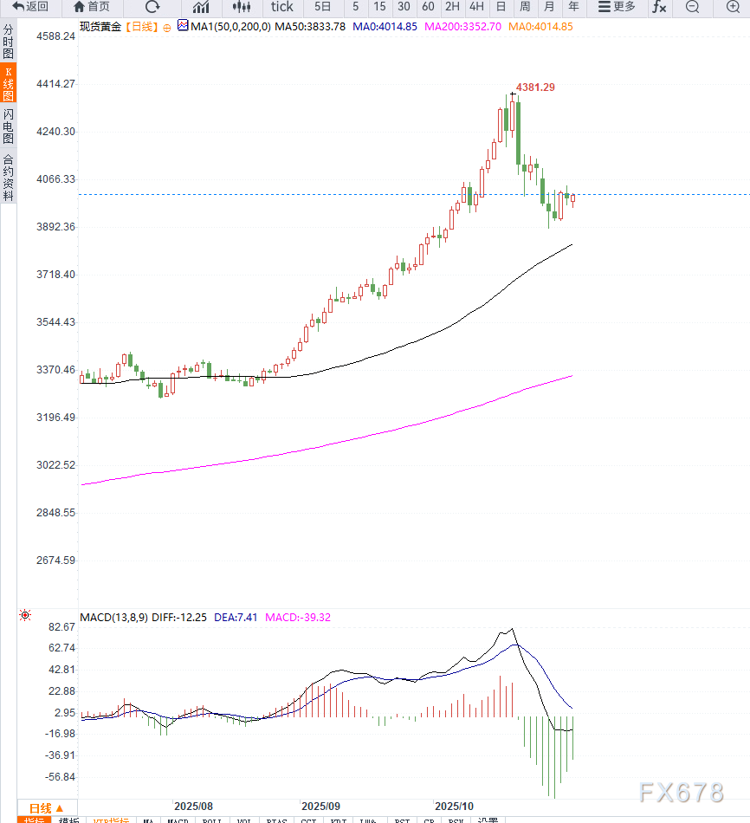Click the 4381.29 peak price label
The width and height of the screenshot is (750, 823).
point(535,87)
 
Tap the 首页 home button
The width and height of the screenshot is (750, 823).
point(93,7)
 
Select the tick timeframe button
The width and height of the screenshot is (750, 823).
point(282,7)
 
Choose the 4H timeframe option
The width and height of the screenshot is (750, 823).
point(476,7)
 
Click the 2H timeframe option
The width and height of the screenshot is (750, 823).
point(452,7)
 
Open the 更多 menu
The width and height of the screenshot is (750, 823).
point(617,7)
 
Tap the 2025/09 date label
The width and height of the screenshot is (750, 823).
point(321,805)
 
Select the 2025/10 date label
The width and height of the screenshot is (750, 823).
point(455,805)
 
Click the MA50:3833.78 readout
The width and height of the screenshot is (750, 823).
point(309,27)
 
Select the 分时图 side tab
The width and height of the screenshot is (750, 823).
point(8,42)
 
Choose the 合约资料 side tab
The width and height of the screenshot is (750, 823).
point(8,177)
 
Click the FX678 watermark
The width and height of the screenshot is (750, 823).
point(681,792)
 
